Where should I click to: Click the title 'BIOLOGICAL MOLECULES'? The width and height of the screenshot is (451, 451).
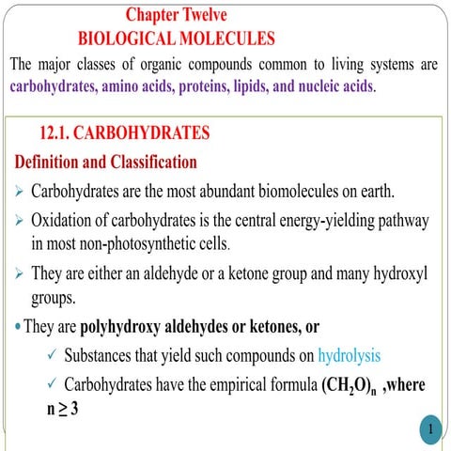[x=176, y=39]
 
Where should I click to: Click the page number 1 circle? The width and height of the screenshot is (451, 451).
[x=428, y=429]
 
